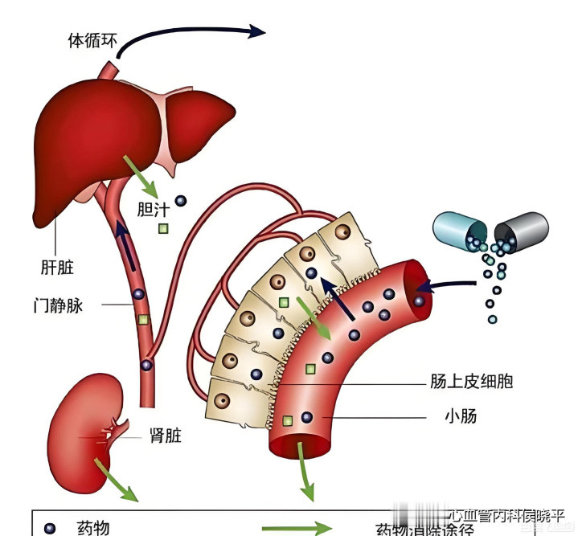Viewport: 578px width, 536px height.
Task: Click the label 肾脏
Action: click(x=166, y=436)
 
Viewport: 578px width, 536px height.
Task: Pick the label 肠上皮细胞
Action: click(x=471, y=381)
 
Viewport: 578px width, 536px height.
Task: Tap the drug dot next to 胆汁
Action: click(x=181, y=200)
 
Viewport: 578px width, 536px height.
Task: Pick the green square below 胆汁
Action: click(x=163, y=229)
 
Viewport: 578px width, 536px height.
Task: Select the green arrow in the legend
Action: click(x=297, y=529)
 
